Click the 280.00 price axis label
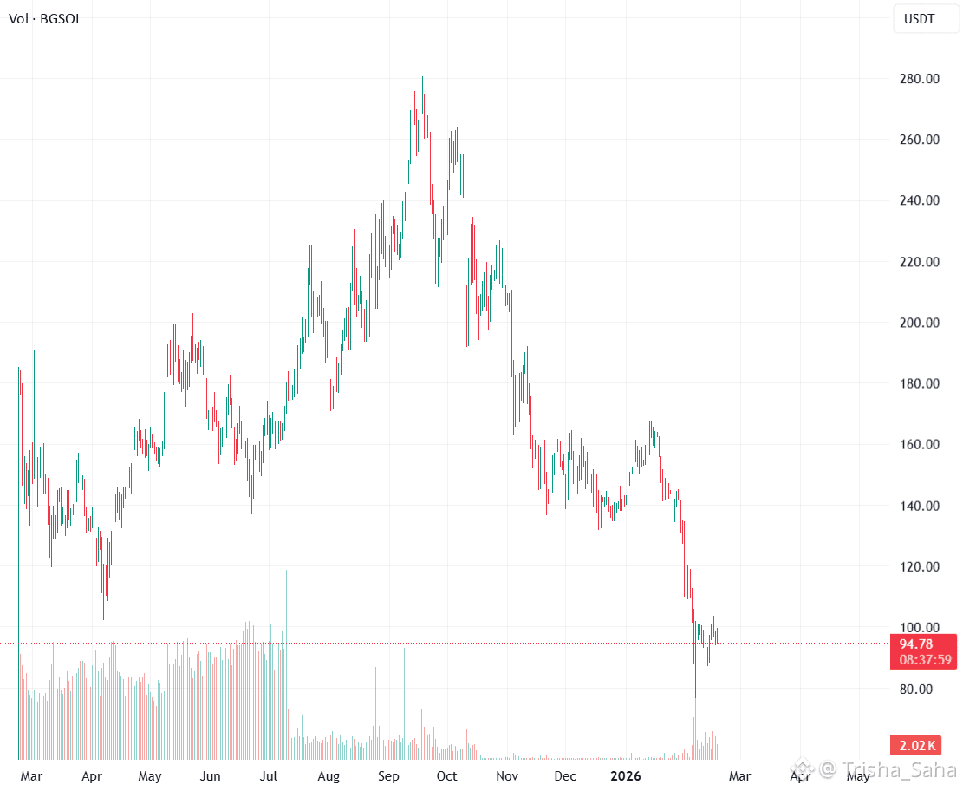[919, 79]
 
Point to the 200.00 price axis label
[919, 323]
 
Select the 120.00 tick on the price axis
[919, 567]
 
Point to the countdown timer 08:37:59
[923, 660]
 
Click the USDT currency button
[919, 19]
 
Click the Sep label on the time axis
[388, 776]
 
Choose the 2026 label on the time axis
[625, 776]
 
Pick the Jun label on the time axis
[211, 776]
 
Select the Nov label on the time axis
[507, 776]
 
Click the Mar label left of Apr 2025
[32, 776]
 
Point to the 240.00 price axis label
[919, 200]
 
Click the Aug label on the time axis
[329, 776]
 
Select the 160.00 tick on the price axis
[919, 445]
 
